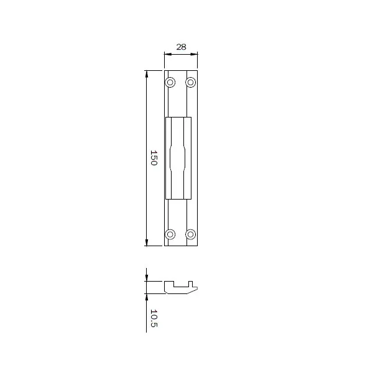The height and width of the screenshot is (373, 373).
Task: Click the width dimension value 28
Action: (181, 47)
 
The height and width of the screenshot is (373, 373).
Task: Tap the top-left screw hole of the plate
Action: (170, 82)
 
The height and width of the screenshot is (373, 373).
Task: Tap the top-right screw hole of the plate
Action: (191, 82)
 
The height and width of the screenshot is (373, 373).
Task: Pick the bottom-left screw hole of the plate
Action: (170, 234)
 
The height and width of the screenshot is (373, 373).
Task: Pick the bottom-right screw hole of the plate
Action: (191, 234)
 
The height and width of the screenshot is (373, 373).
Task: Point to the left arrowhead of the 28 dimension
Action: (167, 55)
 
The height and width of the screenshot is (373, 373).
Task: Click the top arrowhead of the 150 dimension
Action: (147, 75)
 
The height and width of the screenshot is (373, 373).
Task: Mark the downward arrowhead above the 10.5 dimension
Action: (147, 277)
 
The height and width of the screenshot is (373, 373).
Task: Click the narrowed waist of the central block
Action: (178, 158)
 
